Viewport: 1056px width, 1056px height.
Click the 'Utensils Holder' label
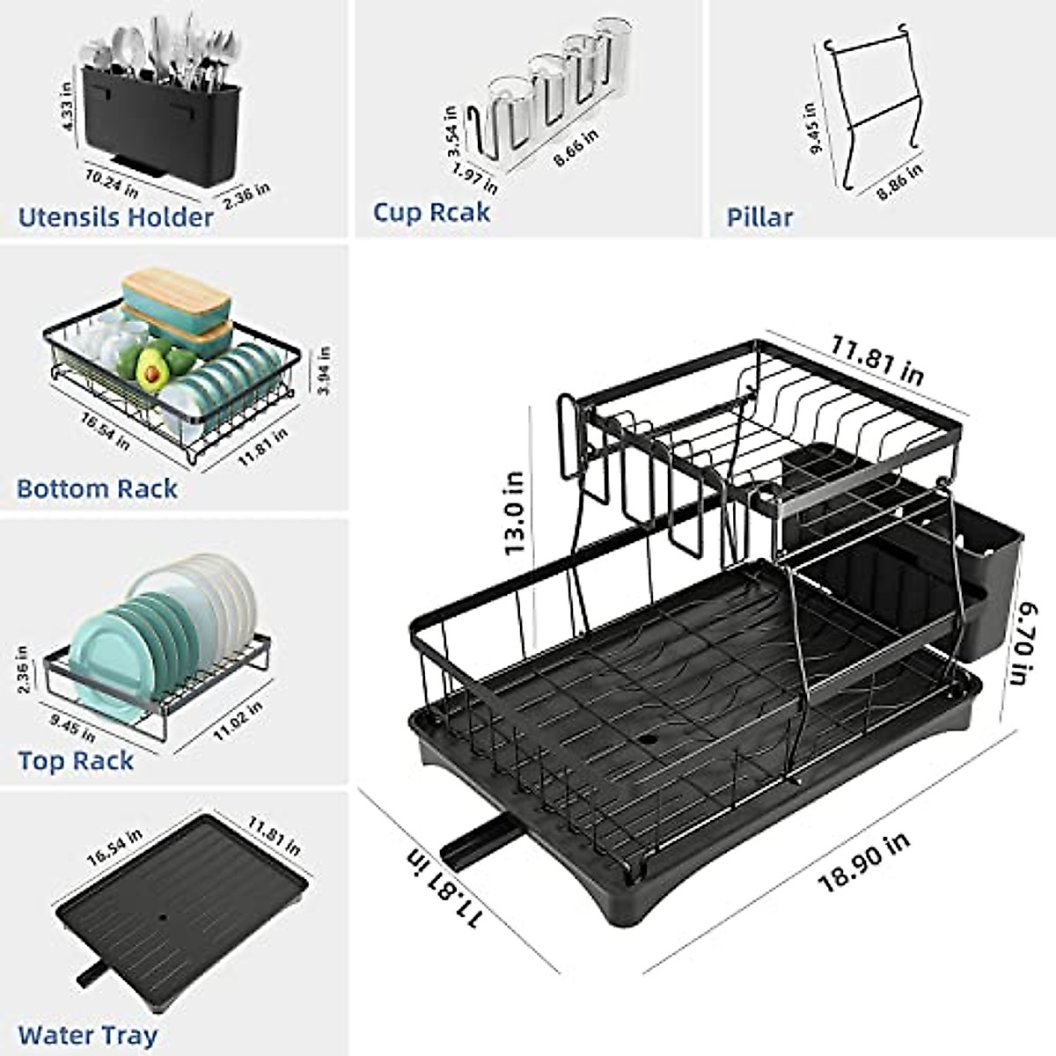115,216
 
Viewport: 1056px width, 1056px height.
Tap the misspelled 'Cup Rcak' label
431,212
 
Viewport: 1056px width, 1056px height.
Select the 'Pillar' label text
759,216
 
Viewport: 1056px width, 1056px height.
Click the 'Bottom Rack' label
97,488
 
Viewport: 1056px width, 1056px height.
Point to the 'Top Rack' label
76,760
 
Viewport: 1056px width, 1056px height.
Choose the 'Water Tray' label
87,1035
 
